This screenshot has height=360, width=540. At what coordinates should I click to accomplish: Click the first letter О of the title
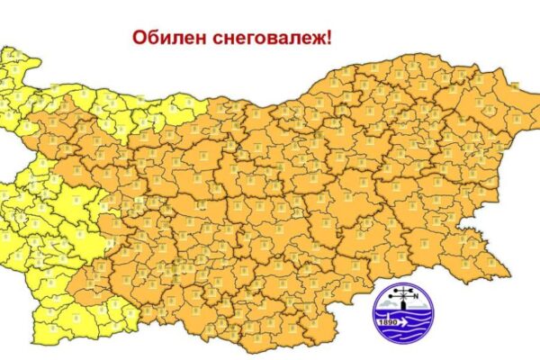point(139,38)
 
